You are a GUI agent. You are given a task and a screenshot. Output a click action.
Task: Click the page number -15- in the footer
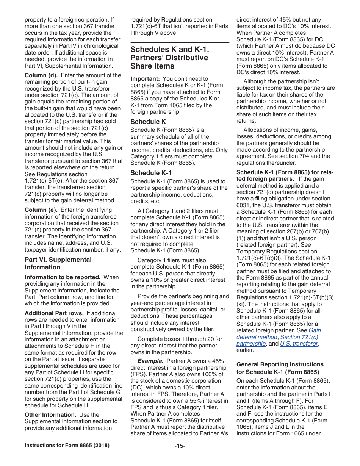(180, 446)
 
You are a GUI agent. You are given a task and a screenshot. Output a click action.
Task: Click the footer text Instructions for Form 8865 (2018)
(67, 446)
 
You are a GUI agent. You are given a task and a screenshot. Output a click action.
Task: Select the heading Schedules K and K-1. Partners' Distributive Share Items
(169, 58)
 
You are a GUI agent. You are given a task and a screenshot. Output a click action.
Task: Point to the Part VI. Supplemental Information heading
(58, 263)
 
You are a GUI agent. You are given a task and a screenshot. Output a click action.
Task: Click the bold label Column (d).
(41, 75)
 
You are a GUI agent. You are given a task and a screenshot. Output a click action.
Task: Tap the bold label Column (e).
(41, 210)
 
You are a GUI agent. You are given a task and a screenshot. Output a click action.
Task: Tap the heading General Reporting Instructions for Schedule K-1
(280, 368)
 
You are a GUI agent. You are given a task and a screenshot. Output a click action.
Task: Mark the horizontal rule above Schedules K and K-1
(180, 42)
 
